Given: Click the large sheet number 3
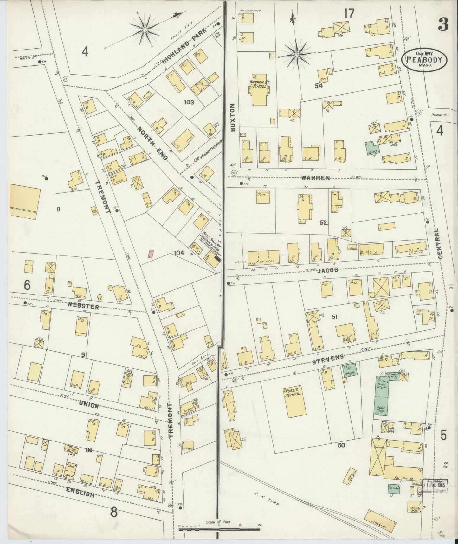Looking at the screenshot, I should pos(443,24).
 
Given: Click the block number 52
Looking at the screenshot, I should pos(323,223).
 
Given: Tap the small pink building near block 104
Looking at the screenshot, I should pos(151,254).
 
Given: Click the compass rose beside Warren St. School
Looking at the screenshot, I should pos(297,55).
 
